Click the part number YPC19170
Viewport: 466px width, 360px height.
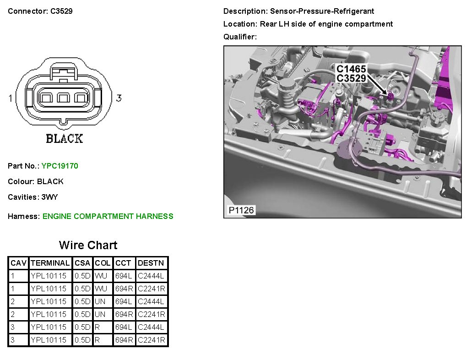pyautogui.click(x=60, y=166)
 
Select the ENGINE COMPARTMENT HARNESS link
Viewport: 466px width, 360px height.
pyautogui.click(x=108, y=216)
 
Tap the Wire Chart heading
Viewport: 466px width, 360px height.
pyautogui.click(x=88, y=245)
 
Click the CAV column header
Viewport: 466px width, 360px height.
pyautogui.click(x=18, y=263)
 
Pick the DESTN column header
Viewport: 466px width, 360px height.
pyautogui.click(x=151, y=263)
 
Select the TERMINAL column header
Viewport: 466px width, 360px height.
pyautogui.click(x=50, y=263)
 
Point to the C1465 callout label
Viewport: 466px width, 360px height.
pyautogui.click(x=351, y=69)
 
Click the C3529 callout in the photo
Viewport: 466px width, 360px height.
pyautogui.click(x=351, y=78)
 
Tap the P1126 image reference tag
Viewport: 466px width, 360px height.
pyautogui.click(x=241, y=210)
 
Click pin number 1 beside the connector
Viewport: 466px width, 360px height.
pyautogui.click(x=11, y=98)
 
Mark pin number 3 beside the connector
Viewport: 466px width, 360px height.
pyautogui.click(x=119, y=98)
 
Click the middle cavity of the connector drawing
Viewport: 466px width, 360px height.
pyautogui.click(x=63, y=98)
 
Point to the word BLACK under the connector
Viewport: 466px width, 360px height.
pyautogui.click(x=64, y=138)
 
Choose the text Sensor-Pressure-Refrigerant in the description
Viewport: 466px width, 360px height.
pyautogui.click(x=322, y=11)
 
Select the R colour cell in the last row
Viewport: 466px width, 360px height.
pyautogui.click(x=98, y=340)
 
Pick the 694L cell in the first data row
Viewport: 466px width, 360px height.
pyautogui.click(x=124, y=276)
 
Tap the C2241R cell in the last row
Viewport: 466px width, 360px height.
pyautogui.click(x=151, y=340)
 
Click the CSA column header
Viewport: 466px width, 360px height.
pyautogui.click(x=82, y=263)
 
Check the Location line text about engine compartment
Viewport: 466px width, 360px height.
pyautogui.click(x=326, y=24)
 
